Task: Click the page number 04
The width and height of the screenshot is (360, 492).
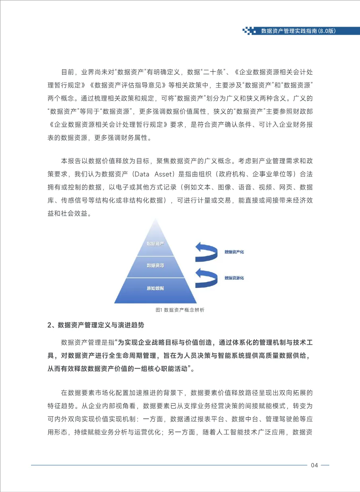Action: (x=314, y=465)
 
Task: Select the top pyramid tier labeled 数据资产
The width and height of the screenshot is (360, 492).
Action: (x=155, y=243)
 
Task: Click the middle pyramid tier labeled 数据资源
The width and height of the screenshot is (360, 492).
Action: (x=155, y=265)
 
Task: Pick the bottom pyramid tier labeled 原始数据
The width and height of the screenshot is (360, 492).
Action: (x=155, y=288)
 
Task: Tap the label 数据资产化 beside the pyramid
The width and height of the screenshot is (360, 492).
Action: (x=234, y=252)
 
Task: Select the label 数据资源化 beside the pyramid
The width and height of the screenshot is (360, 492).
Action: (x=234, y=278)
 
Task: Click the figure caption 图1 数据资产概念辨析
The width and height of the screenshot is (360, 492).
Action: (x=180, y=309)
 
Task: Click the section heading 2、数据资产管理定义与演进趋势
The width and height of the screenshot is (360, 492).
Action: (x=95, y=325)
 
